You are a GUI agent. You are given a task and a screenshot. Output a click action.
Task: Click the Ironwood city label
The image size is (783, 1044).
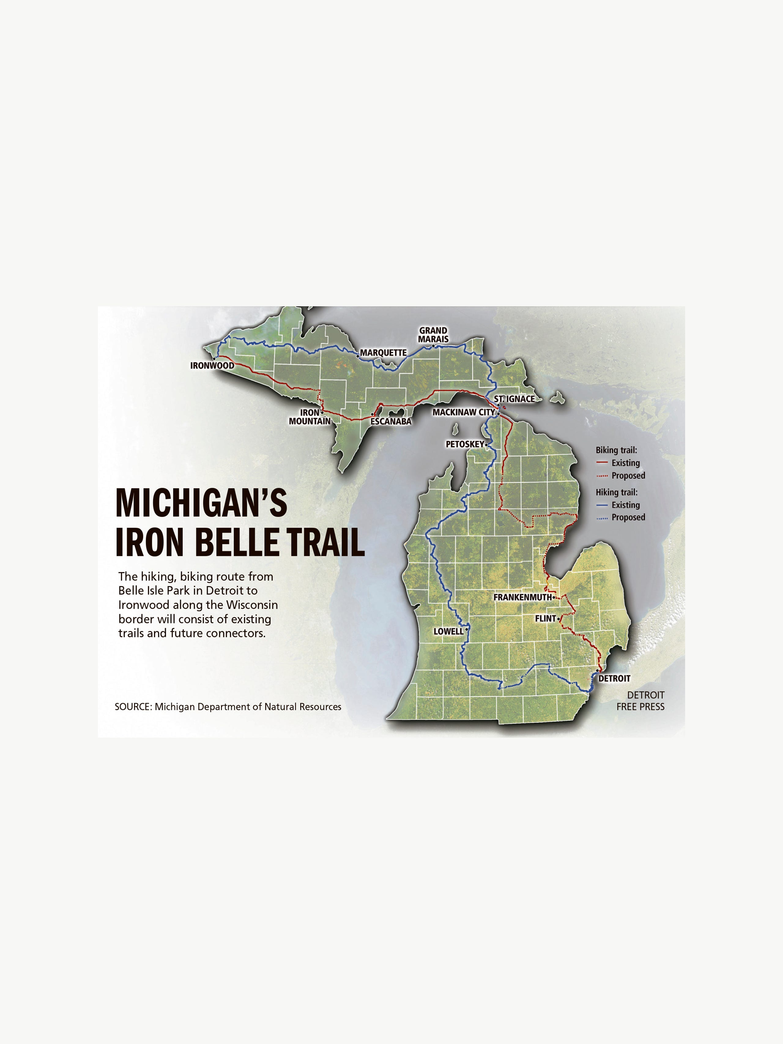point(212,365)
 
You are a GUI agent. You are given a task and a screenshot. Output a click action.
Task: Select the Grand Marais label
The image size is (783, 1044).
point(433,335)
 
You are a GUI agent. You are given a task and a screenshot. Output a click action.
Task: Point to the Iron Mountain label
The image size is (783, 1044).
point(310,417)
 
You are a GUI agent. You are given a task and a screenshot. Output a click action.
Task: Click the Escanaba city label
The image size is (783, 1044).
point(391,421)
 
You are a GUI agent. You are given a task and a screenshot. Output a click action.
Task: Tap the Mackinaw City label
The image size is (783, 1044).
point(463,412)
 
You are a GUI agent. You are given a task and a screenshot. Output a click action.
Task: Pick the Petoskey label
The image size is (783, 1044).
point(465,444)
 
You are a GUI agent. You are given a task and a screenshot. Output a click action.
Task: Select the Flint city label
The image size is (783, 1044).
point(545,618)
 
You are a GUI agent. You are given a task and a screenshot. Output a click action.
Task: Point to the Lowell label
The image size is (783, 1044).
point(448,632)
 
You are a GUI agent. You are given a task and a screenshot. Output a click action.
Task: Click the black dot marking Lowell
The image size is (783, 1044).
point(466,629)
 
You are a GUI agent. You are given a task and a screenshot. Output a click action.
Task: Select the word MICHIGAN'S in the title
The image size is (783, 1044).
point(202,503)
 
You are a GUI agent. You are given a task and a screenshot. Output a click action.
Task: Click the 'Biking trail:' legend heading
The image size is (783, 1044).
point(616,450)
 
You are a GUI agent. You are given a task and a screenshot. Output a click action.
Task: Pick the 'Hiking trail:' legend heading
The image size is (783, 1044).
point(616,492)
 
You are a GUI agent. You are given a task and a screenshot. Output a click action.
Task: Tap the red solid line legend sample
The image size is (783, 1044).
point(602,463)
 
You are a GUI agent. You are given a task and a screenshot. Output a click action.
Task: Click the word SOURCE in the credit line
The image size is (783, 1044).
point(132,707)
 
